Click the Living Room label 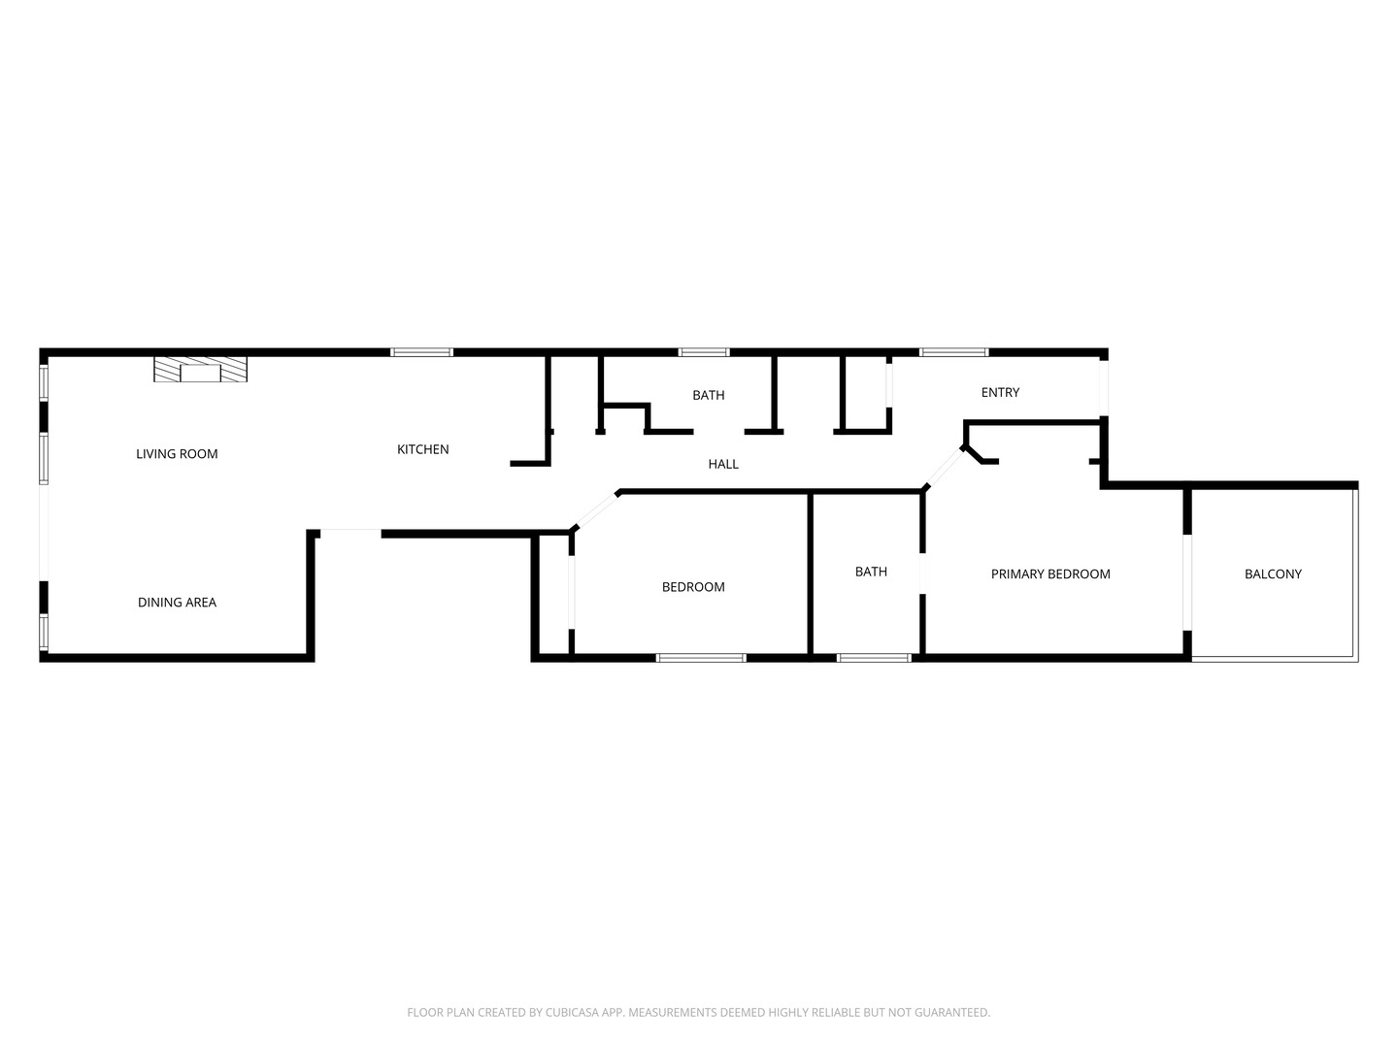tap(177, 453)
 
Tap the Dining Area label tap(177, 603)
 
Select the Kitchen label tap(423, 449)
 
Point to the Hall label tap(723, 464)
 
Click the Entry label tap(1000, 392)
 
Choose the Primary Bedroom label tap(1050, 573)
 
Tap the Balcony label tap(1273, 573)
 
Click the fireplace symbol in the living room tap(200, 370)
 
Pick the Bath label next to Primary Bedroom tap(871, 572)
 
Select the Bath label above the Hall tap(709, 395)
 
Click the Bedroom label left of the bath tap(693, 586)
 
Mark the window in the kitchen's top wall tap(421, 352)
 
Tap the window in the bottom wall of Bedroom tap(701, 658)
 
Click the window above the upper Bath tap(704, 352)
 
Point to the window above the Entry tap(953, 352)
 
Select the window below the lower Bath tap(874, 658)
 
